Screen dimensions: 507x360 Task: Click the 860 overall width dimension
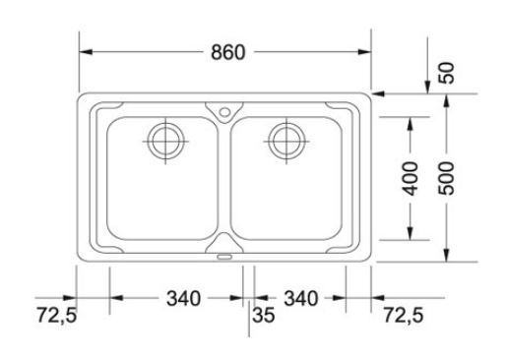(228, 52)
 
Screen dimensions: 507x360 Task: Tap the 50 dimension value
(446, 73)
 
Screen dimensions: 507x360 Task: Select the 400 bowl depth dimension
(410, 178)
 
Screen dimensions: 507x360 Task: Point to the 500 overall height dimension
(446, 178)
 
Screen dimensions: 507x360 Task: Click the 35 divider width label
(264, 315)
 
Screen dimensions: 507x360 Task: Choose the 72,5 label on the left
(56, 315)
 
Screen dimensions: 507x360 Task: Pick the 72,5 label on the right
(404, 315)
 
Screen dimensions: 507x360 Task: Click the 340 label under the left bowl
(183, 299)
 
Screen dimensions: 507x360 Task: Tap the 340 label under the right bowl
(301, 299)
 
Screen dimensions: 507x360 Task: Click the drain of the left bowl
(165, 142)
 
